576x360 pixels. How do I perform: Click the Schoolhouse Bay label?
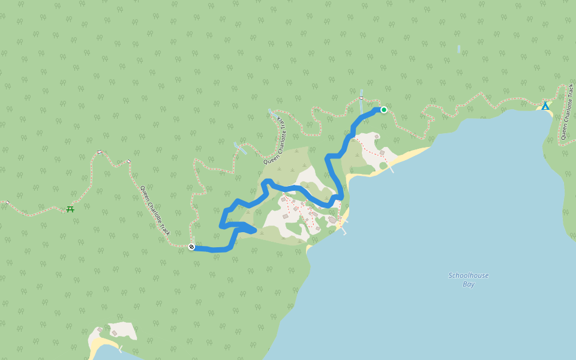[x=469, y=280]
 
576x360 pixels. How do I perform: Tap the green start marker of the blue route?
[x=383, y=110]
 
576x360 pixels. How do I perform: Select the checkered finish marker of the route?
[x=191, y=247]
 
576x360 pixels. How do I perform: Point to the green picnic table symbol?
[x=70, y=209]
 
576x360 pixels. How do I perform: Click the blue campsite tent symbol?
[x=545, y=106]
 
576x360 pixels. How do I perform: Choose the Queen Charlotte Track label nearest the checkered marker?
[x=155, y=211]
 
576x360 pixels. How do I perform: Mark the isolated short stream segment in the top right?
[x=458, y=49]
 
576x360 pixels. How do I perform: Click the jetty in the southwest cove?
[x=121, y=348]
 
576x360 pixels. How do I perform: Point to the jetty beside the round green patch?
[x=391, y=168]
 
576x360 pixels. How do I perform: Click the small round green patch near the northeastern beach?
[x=383, y=166]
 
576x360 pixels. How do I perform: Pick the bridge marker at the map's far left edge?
[x=7, y=202]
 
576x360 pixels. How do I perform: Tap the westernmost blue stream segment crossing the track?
[x=240, y=148]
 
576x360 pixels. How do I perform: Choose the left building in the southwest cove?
[x=100, y=329]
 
